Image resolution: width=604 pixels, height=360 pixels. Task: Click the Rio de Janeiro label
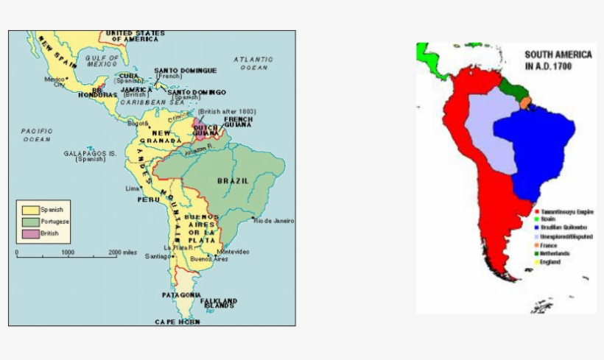coord(273,220)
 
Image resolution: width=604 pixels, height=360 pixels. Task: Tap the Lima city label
coord(133,188)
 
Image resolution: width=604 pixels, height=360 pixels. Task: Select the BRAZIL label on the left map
coord(233,180)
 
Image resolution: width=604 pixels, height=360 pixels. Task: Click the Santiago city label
coord(158,256)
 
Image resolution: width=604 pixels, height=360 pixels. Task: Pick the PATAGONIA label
coord(180,294)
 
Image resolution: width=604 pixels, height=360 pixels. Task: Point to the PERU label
coord(148,200)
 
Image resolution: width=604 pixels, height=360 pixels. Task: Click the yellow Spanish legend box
coord(30,210)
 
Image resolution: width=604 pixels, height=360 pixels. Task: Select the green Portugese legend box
coord(30,222)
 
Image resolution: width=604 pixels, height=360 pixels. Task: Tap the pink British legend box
coord(30,233)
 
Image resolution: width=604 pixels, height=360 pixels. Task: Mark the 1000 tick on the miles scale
coord(68,253)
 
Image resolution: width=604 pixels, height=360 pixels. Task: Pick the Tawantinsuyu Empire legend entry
coord(567,212)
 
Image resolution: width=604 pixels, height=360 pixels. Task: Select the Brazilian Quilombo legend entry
coord(566,228)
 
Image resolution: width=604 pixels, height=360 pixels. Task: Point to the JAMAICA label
coord(136,89)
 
